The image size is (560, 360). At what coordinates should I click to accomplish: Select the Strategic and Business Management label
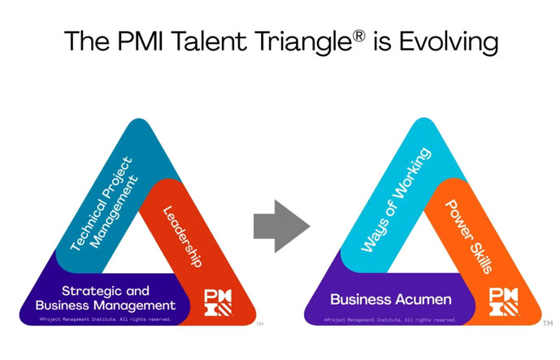click(105, 298)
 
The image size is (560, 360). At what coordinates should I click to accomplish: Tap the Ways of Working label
click(396, 200)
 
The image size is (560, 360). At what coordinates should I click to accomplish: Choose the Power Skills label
click(467, 236)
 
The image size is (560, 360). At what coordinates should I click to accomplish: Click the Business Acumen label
click(391, 300)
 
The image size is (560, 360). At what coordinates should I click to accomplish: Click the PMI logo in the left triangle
click(218, 301)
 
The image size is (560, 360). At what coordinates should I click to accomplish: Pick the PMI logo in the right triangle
click(503, 301)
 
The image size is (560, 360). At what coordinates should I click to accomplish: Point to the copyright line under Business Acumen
click(390, 319)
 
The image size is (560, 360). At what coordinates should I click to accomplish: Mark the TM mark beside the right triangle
click(548, 323)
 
